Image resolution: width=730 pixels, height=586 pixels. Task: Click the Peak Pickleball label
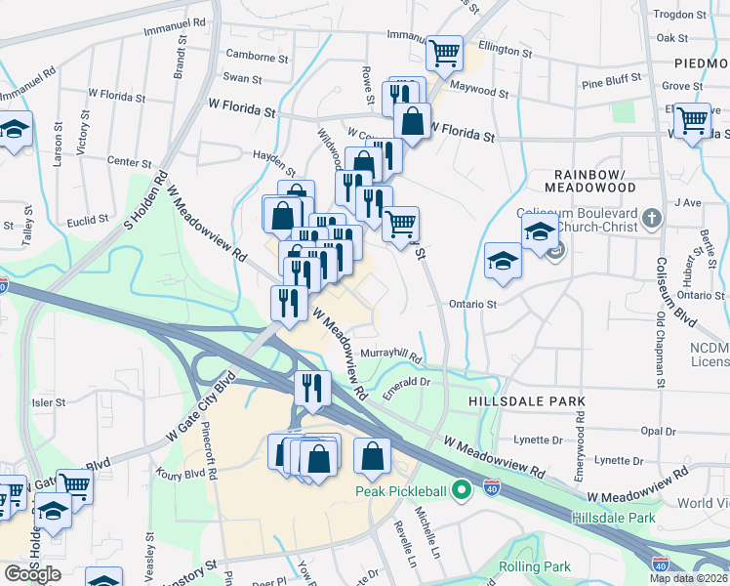click(x=400, y=492)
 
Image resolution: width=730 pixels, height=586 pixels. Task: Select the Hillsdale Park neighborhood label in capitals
click(x=526, y=401)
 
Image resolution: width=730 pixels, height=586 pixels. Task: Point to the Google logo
click(x=32, y=573)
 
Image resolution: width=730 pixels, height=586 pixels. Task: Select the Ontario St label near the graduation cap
click(x=473, y=304)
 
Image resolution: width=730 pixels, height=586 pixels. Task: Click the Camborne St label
click(x=257, y=58)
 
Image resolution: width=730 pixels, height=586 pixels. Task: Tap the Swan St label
click(x=242, y=78)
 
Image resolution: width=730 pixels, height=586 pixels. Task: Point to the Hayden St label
click(x=273, y=156)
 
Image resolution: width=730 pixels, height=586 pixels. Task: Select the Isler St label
click(x=48, y=401)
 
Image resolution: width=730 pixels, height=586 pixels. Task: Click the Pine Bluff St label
click(x=611, y=78)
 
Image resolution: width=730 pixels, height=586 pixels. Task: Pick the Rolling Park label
click(x=534, y=566)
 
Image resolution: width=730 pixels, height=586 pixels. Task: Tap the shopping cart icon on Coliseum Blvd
click(x=692, y=121)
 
